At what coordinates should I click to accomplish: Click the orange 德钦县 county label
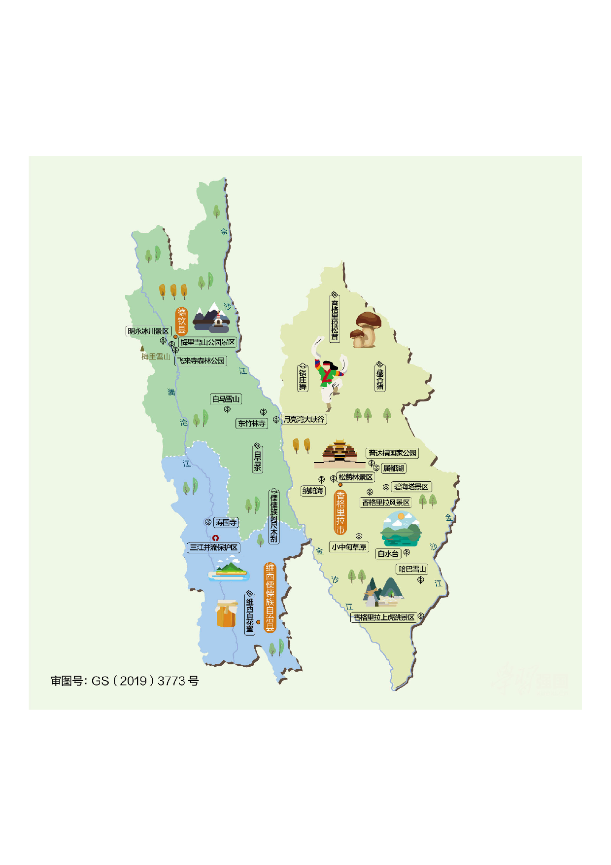(182, 321)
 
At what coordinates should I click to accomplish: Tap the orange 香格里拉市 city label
(340, 512)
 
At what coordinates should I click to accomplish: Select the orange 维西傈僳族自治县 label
(270, 597)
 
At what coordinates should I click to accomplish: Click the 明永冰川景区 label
(148, 331)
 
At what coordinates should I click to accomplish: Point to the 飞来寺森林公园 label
(202, 361)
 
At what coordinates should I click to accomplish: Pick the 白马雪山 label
(226, 399)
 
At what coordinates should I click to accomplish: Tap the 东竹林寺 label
(252, 423)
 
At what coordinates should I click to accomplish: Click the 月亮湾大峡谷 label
(304, 419)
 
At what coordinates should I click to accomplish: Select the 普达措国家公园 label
(392, 453)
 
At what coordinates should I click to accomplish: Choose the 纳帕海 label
(313, 491)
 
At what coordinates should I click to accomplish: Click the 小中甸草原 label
(349, 547)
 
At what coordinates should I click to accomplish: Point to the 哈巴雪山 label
(412, 569)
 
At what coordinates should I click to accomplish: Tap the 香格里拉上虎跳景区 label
(384, 617)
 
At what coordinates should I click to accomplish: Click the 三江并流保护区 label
(214, 547)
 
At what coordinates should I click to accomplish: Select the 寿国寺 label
(226, 522)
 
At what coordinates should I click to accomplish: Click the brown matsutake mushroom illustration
(366, 329)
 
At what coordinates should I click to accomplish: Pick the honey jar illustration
(226, 613)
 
